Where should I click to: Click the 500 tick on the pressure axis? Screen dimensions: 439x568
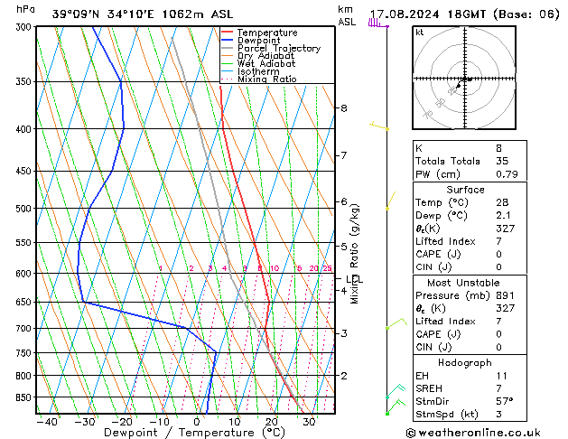(23, 209)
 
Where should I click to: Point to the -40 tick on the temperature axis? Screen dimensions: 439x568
(46, 421)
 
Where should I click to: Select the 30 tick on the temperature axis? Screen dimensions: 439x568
(309, 421)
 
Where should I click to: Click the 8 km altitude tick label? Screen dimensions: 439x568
(343, 108)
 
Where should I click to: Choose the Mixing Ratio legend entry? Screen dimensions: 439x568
(267, 79)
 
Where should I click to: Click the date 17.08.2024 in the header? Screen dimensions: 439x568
(402, 14)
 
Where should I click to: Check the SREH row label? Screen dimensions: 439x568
(429, 388)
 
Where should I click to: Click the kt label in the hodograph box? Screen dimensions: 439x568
(420, 32)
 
